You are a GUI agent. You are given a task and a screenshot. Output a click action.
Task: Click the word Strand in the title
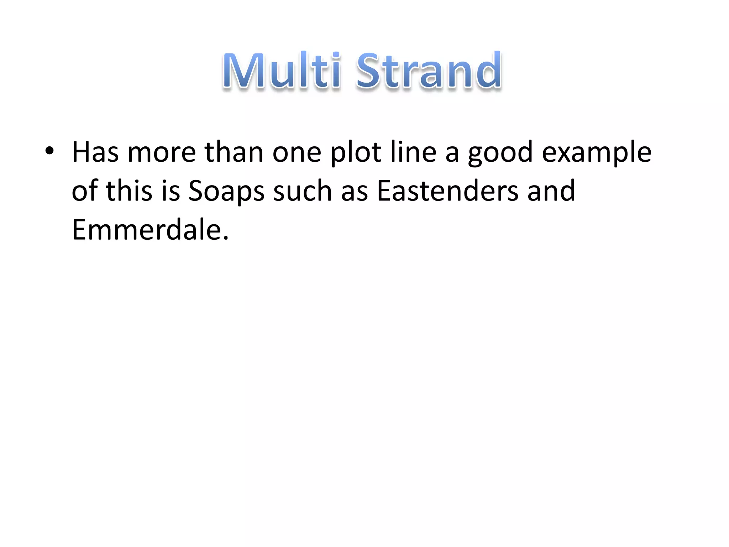(x=429, y=70)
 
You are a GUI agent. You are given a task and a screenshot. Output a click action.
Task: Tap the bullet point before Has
(x=49, y=151)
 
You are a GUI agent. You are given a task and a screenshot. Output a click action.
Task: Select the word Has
(x=95, y=152)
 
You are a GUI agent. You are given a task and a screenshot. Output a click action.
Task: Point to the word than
(x=234, y=152)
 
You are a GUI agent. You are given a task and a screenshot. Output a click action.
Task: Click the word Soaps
(x=226, y=192)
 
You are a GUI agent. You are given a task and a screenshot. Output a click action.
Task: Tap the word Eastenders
(x=447, y=191)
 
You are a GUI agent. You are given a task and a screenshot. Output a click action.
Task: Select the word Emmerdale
(x=146, y=230)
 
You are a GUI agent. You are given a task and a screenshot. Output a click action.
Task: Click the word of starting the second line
(x=84, y=191)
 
